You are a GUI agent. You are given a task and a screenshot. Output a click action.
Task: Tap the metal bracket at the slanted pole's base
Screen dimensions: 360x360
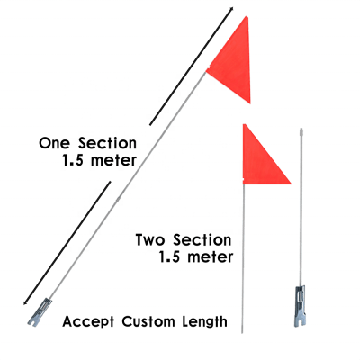(40, 312)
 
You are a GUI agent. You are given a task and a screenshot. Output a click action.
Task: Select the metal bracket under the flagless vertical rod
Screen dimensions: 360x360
(301, 306)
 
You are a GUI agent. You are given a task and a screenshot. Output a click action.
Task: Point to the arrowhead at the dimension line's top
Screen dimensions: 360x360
(231, 9)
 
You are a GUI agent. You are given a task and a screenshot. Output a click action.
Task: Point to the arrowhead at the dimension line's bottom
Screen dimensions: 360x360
(26, 302)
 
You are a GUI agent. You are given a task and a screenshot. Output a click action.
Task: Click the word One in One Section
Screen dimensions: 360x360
(54, 143)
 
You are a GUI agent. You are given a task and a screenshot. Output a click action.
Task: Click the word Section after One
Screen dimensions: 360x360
(107, 143)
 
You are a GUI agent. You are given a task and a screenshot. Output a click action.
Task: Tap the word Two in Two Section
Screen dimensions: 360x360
(151, 240)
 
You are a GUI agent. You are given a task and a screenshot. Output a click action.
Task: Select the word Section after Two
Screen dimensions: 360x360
(202, 240)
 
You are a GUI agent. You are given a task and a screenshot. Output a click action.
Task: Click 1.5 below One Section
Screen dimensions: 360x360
(73, 160)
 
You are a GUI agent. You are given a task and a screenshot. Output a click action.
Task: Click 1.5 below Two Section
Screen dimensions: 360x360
(169, 257)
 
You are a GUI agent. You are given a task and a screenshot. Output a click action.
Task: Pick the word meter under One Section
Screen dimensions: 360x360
(113, 161)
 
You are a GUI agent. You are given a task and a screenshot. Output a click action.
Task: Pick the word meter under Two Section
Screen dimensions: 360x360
(210, 257)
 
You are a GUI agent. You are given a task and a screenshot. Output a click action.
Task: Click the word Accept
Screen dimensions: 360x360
(88, 322)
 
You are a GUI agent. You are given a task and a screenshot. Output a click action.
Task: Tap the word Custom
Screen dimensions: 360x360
(148, 321)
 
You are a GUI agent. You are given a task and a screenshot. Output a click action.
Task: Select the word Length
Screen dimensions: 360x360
(205, 322)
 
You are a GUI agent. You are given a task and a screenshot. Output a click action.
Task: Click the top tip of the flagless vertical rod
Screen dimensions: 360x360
(301, 129)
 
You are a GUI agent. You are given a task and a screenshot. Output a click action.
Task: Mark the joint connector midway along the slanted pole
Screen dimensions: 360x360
(118, 199)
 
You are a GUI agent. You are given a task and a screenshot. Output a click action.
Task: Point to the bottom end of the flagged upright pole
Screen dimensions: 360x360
(242, 332)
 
